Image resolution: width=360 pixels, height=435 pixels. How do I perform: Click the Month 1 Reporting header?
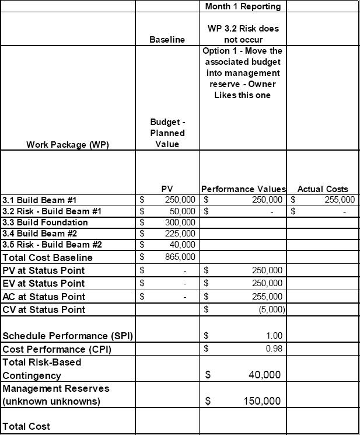pos(243,6)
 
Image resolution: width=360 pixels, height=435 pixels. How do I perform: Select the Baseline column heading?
pos(167,40)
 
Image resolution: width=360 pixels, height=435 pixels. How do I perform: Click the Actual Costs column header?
pos(323,189)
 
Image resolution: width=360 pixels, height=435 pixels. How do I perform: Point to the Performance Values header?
pos(243,189)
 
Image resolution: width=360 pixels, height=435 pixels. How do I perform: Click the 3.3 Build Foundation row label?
pos(46,222)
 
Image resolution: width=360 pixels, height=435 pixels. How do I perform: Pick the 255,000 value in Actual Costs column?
pos(334,200)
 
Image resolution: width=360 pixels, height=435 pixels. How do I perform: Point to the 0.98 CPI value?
pos(274,349)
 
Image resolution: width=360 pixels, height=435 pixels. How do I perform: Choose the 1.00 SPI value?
pos(274,336)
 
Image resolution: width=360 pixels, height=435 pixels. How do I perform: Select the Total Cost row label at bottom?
pos(27,426)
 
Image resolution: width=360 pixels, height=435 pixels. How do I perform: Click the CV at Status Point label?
pos(44,309)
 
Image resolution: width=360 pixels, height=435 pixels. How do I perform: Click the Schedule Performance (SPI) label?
pos(68,336)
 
